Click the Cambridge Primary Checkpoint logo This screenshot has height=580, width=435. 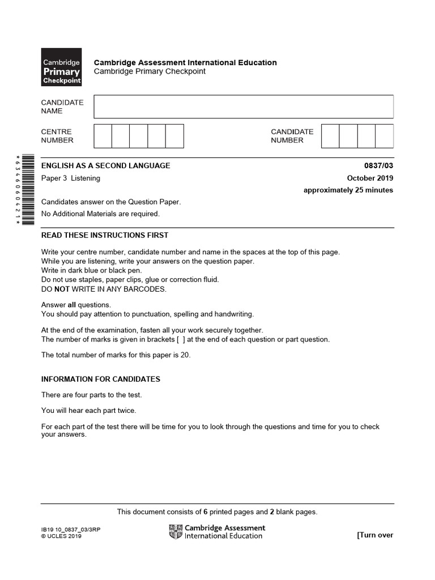point(61,67)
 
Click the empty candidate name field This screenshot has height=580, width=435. point(244,106)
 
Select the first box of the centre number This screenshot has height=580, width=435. point(103,136)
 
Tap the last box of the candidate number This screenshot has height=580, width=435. point(384,136)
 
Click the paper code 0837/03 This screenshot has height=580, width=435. point(378,165)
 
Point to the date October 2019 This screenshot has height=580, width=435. point(370,178)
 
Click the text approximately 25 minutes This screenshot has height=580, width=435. point(348,190)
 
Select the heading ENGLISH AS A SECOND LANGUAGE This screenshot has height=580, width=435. point(105,165)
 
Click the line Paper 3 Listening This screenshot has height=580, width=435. point(71,178)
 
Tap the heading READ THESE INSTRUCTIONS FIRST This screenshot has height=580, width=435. point(105,235)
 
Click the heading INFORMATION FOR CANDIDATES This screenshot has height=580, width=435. point(101,379)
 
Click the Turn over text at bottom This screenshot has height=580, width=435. point(374,535)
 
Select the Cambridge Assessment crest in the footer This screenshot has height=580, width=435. point(175,531)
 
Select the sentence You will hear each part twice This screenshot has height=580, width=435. point(89,411)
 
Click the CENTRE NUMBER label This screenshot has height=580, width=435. point(57,136)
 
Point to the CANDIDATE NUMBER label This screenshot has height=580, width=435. point(292,136)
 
